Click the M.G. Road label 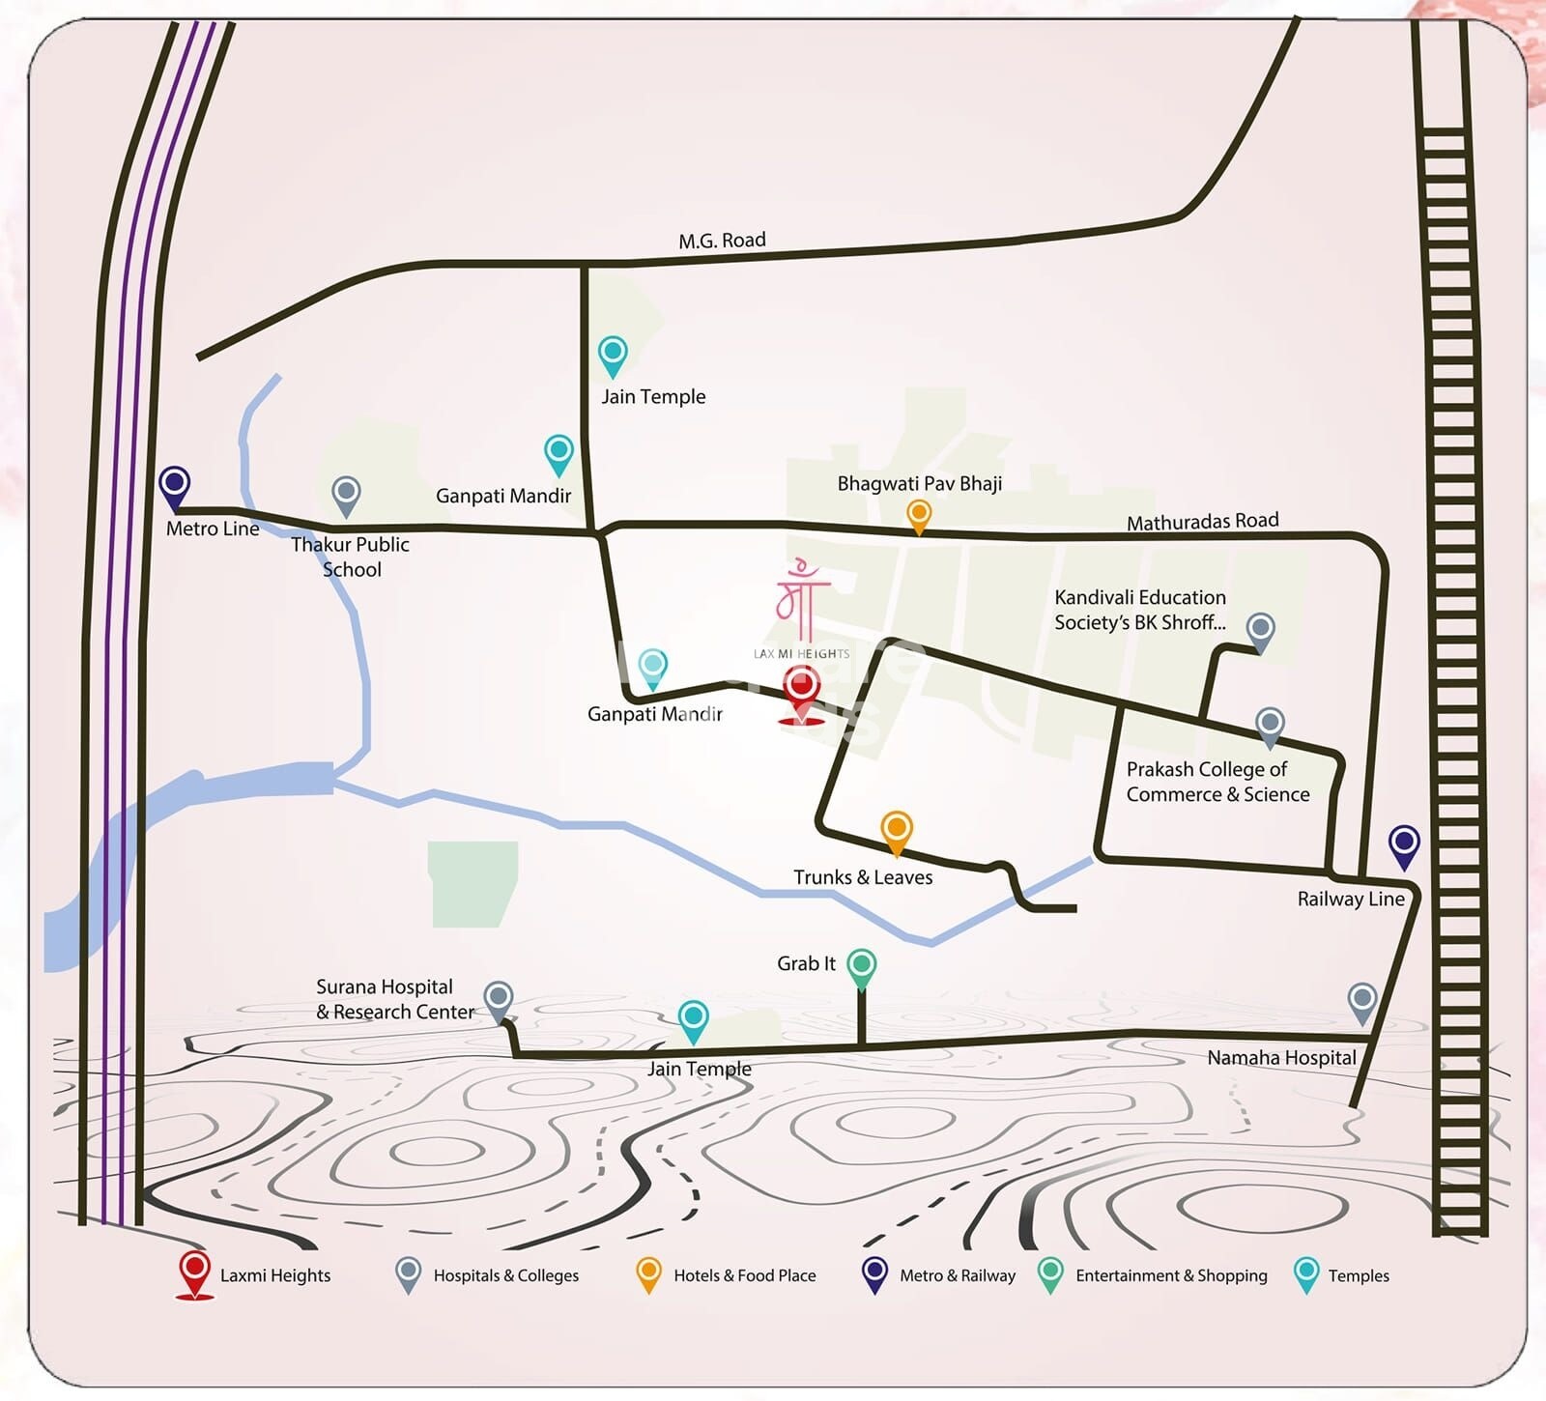coord(722,241)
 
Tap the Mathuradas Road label coord(1202,522)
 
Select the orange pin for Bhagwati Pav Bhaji coord(919,514)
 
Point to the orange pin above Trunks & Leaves coord(897,831)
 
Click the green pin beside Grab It coord(861,967)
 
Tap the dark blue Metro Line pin coord(174,485)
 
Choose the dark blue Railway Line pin coord(1404,844)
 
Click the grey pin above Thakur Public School coord(346,495)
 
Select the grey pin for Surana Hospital coord(498,1000)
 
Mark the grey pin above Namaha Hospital coord(1361,1002)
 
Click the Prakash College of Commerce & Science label coord(1217,782)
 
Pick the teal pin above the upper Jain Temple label coord(613,355)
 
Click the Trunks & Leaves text coord(863,877)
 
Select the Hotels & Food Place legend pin coord(648,1273)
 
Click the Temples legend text coord(1358,1275)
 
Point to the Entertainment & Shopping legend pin coord(1050,1273)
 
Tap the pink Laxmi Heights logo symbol coord(802,590)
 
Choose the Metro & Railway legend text coord(957,1275)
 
